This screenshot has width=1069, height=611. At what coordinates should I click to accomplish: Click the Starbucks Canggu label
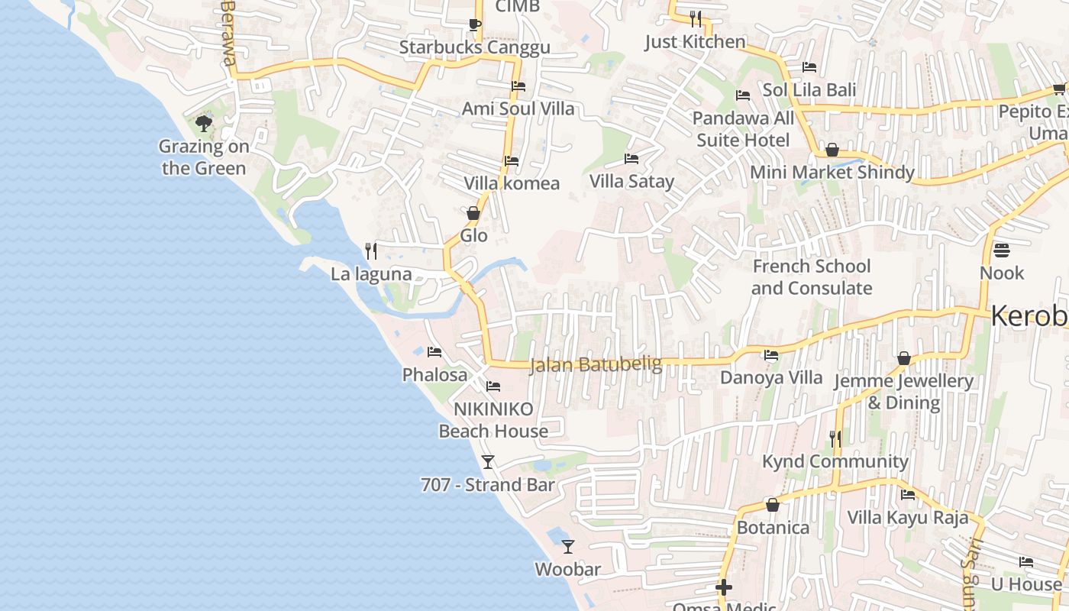coord(474,47)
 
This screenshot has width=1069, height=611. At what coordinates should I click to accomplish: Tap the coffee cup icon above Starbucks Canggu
coord(474,24)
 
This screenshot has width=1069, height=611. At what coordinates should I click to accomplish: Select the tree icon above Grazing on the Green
coord(204,123)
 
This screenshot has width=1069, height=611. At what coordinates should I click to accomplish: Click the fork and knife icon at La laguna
coord(371,251)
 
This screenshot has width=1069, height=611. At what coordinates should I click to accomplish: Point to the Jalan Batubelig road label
coord(596,365)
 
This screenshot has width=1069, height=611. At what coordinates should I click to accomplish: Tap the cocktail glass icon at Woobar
coord(567,546)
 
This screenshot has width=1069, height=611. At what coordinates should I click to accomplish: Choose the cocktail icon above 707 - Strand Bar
coord(488,461)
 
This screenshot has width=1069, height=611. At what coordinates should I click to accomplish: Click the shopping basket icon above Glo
coord(473,213)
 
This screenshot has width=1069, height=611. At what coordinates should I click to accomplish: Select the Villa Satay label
coord(631,182)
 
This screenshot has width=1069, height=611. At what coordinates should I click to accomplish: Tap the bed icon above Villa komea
coord(512,161)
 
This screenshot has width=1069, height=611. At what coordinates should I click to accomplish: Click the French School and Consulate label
coord(811,277)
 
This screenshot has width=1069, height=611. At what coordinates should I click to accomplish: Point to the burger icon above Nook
coord(1002,251)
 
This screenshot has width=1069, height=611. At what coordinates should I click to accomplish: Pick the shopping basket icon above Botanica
coord(773,505)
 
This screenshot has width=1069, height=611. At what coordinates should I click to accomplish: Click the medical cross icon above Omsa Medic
coord(723,587)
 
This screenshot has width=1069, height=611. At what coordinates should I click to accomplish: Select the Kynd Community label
coord(835,461)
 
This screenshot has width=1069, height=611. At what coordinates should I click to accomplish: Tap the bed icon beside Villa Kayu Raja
coord(908,495)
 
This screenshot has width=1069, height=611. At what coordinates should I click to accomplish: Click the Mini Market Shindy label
coord(832,173)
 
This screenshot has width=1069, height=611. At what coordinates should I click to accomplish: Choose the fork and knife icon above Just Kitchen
coord(695,18)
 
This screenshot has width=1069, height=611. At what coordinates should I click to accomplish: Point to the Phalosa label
coord(434,375)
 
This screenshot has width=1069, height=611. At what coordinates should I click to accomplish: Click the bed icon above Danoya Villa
coord(771,355)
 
